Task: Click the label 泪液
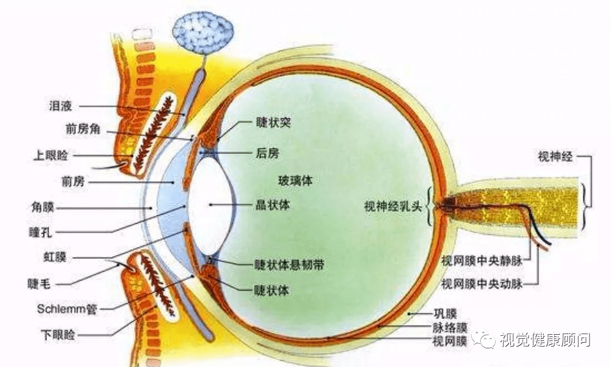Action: pyautogui.click(x=61, y=106)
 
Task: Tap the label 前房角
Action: pyautogui.click(x=83, y=129)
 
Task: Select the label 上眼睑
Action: pyautogui.click(x=51, y=155)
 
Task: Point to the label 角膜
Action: pyautogui.click(x=42, y=207)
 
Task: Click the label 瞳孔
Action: pyautogui.click(x=41, y=232)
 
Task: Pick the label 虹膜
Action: pyautogui.click(x=55, y=257)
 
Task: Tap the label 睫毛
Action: pyautogui.click(x=40, y=284)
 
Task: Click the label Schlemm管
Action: pyautogui.click(x=67, y=309)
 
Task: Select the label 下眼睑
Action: pyautogui.click(x=58, y=335)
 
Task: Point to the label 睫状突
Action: pyautogui.click(x=274, y=122)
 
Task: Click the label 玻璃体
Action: pyautogui.click(x=295, y=181)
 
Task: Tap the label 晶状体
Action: pyautogui.click(x=273, y=205)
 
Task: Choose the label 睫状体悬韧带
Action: pyautogui.click(x=289, y=265)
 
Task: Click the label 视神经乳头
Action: pyautogui.click(x=393, y=206)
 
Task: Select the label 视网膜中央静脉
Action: pyautogui.click(x=482, y=261)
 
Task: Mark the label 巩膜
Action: pyautogui.click(x=445, y=314)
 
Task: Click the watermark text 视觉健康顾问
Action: pyautogui.click(x=545, y=340)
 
